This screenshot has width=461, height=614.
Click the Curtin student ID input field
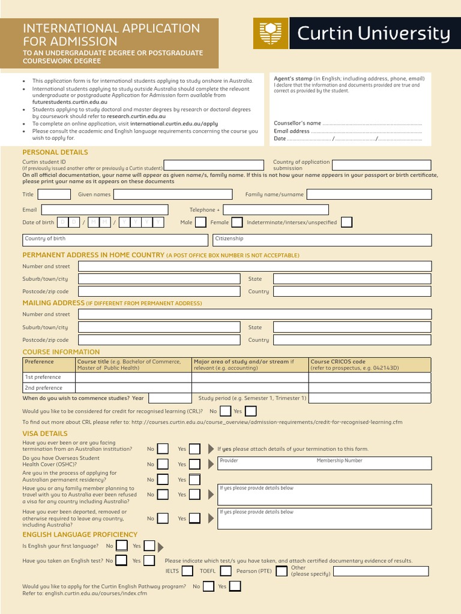(x=214, y=165)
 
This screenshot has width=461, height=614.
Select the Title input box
(x=54, y=194)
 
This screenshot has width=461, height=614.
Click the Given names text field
(x=173, y=194)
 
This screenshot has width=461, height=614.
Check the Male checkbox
(x=201, y=222)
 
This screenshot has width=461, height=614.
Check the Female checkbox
(x=237, y=222)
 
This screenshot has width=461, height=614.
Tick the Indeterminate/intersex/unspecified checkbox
(x=346, y=222)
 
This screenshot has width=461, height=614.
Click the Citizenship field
(x=322, y=240)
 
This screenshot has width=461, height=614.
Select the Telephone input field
(x=276, y=210)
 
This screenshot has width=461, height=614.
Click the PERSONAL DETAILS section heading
(x=55, y=152)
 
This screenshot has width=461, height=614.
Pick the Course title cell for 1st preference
(x=133, y=377)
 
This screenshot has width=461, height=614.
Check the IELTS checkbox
(x=187, y=571)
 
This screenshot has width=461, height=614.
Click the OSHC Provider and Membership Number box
(x=324, y=463)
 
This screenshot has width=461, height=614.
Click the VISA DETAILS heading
(x=45, y=434)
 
